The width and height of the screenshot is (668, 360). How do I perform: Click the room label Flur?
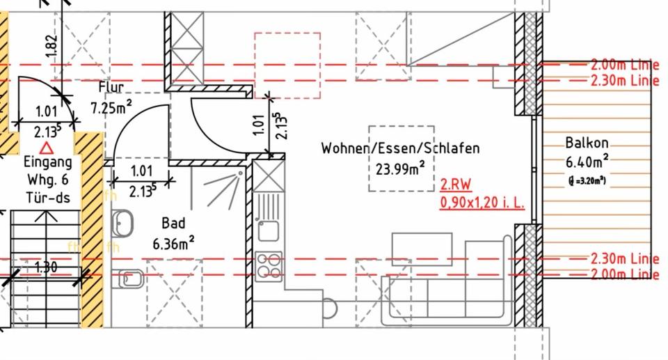point(111,88)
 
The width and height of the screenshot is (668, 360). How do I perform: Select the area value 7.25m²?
point(111,108)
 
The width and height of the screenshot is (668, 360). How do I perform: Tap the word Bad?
point(173,224)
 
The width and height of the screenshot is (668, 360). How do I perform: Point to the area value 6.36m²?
point(173,244)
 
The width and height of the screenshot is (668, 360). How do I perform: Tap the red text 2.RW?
point(456,186)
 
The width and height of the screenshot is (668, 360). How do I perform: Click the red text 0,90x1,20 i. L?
point(482,203)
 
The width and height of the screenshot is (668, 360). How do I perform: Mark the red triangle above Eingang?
point(47,148)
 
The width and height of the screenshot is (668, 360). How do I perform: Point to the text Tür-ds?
point(47,198)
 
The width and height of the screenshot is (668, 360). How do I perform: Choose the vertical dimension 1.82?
point(51,45)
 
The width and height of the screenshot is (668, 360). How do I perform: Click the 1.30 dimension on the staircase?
point(46,267)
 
